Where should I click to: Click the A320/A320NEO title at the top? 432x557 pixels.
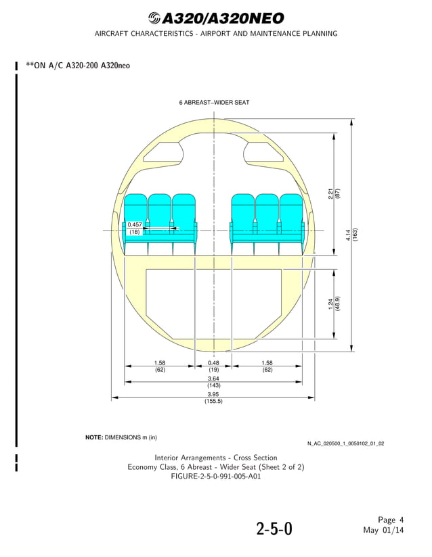[215, 18]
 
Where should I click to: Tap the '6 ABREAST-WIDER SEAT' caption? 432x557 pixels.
[214, 103]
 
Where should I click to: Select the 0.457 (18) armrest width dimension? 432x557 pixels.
[135, 228]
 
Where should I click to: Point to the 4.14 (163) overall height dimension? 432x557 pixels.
[351, 235]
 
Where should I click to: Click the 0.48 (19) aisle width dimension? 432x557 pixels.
[214, 366]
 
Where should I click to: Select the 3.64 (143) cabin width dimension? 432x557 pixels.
[214, 382]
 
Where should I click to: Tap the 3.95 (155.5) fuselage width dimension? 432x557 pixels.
[214, 397]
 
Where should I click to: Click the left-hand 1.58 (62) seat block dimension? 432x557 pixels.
[160, 366]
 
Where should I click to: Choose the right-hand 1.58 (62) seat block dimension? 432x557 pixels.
[267, 366]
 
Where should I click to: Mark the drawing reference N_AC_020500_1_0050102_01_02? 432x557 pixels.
[345, 443]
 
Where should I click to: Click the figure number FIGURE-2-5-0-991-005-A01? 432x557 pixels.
[215, 476]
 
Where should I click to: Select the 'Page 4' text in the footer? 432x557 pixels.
[391, 520]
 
